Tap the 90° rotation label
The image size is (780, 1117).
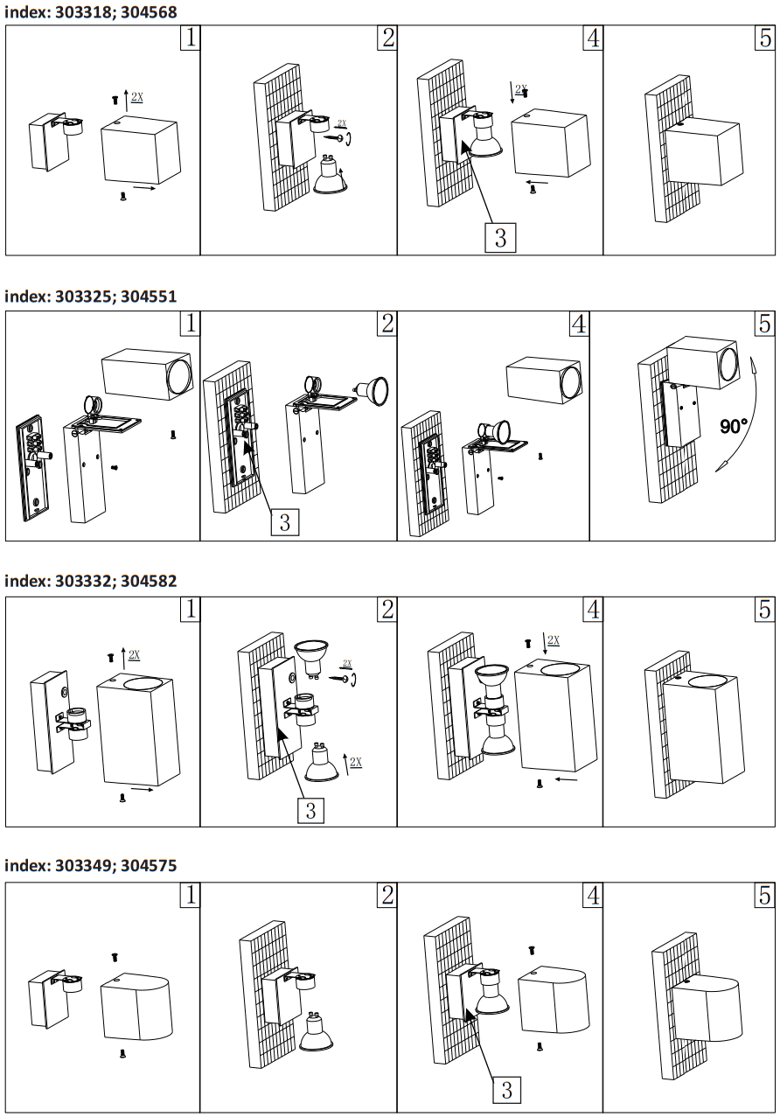coord(734,426)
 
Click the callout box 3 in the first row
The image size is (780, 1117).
coord(499,237)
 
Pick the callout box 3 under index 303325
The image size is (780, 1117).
coord(284,522)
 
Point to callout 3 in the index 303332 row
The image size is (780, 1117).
coord(310,810)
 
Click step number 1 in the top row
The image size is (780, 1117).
coord(190,38)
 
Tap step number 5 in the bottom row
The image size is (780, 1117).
coord(764,895)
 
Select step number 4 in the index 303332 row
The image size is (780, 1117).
coord(593,610)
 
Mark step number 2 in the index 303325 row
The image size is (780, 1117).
coord(387,323)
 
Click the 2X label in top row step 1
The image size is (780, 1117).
coord(137,98)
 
